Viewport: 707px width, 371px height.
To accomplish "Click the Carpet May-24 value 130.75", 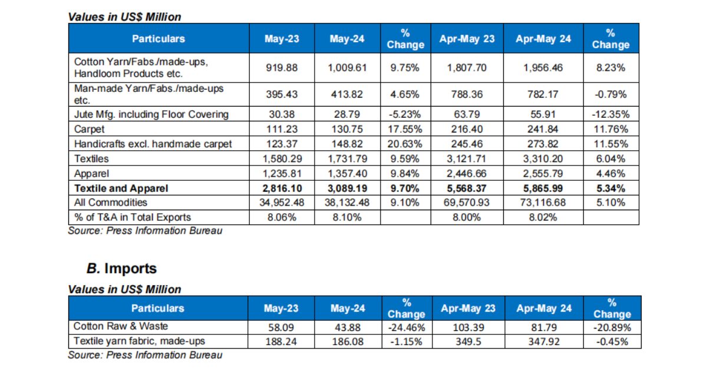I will point(347,129).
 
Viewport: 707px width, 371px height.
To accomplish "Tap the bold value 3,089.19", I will point(347,188).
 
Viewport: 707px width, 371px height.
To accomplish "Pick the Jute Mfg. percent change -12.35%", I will point(611,114).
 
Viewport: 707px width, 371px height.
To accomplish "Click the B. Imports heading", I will point(121,269).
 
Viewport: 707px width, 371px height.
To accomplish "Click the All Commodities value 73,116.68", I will point(543,203).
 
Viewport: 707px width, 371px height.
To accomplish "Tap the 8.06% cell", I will point(282,217).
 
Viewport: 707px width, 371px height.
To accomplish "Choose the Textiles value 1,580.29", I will point(282,158).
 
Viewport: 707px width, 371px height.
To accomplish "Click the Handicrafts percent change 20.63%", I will point(405,144).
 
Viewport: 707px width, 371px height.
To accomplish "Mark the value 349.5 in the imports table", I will point(467,341).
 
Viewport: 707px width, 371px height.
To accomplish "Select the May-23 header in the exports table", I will point(282,39).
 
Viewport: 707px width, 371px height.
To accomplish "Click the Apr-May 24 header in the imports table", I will point(544,309).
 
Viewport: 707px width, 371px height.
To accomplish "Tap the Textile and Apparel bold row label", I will point(121,188).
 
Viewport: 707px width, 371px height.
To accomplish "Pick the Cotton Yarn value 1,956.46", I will point(543,68).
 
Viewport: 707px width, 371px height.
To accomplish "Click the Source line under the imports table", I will point(145,355).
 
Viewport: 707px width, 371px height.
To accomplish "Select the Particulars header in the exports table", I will point(158,39).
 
